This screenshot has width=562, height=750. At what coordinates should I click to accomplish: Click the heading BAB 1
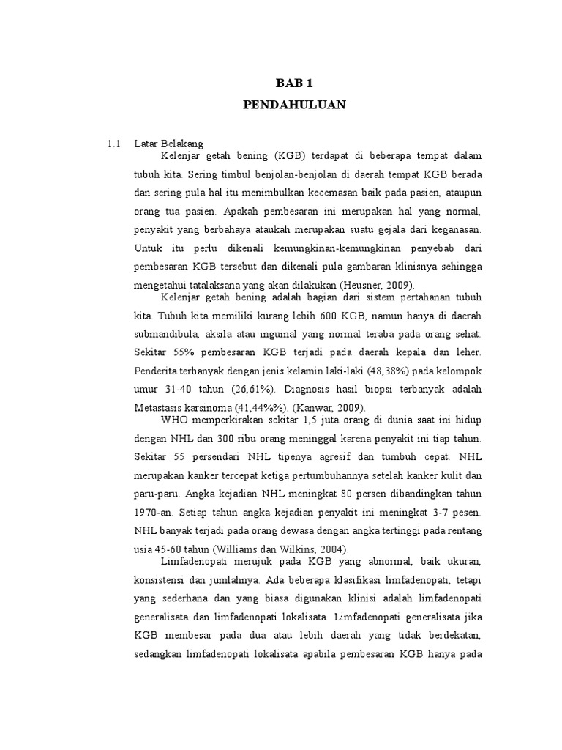293,83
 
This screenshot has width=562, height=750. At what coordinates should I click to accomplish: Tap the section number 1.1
112,144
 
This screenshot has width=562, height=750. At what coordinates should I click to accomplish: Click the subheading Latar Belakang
173,144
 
